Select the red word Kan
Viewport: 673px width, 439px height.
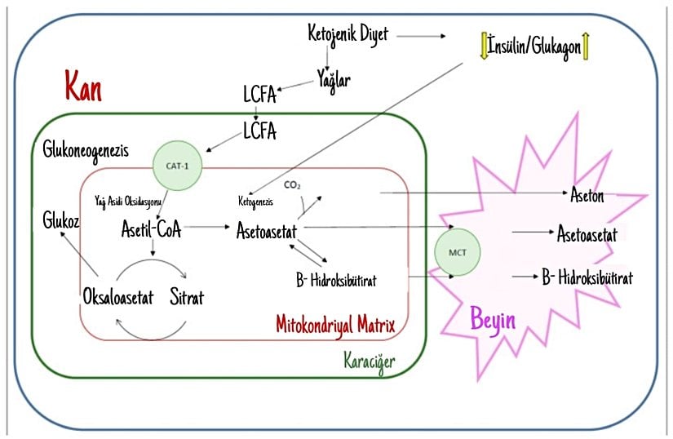point(83,86)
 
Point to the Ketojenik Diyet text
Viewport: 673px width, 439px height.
point(348,34)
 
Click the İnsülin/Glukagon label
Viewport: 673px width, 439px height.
point(534,47)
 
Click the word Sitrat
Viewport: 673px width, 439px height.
point(186,297)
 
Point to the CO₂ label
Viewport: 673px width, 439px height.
point(293,185)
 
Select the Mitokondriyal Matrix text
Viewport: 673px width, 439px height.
point(335,326)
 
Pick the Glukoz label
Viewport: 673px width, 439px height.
point(61,220)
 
